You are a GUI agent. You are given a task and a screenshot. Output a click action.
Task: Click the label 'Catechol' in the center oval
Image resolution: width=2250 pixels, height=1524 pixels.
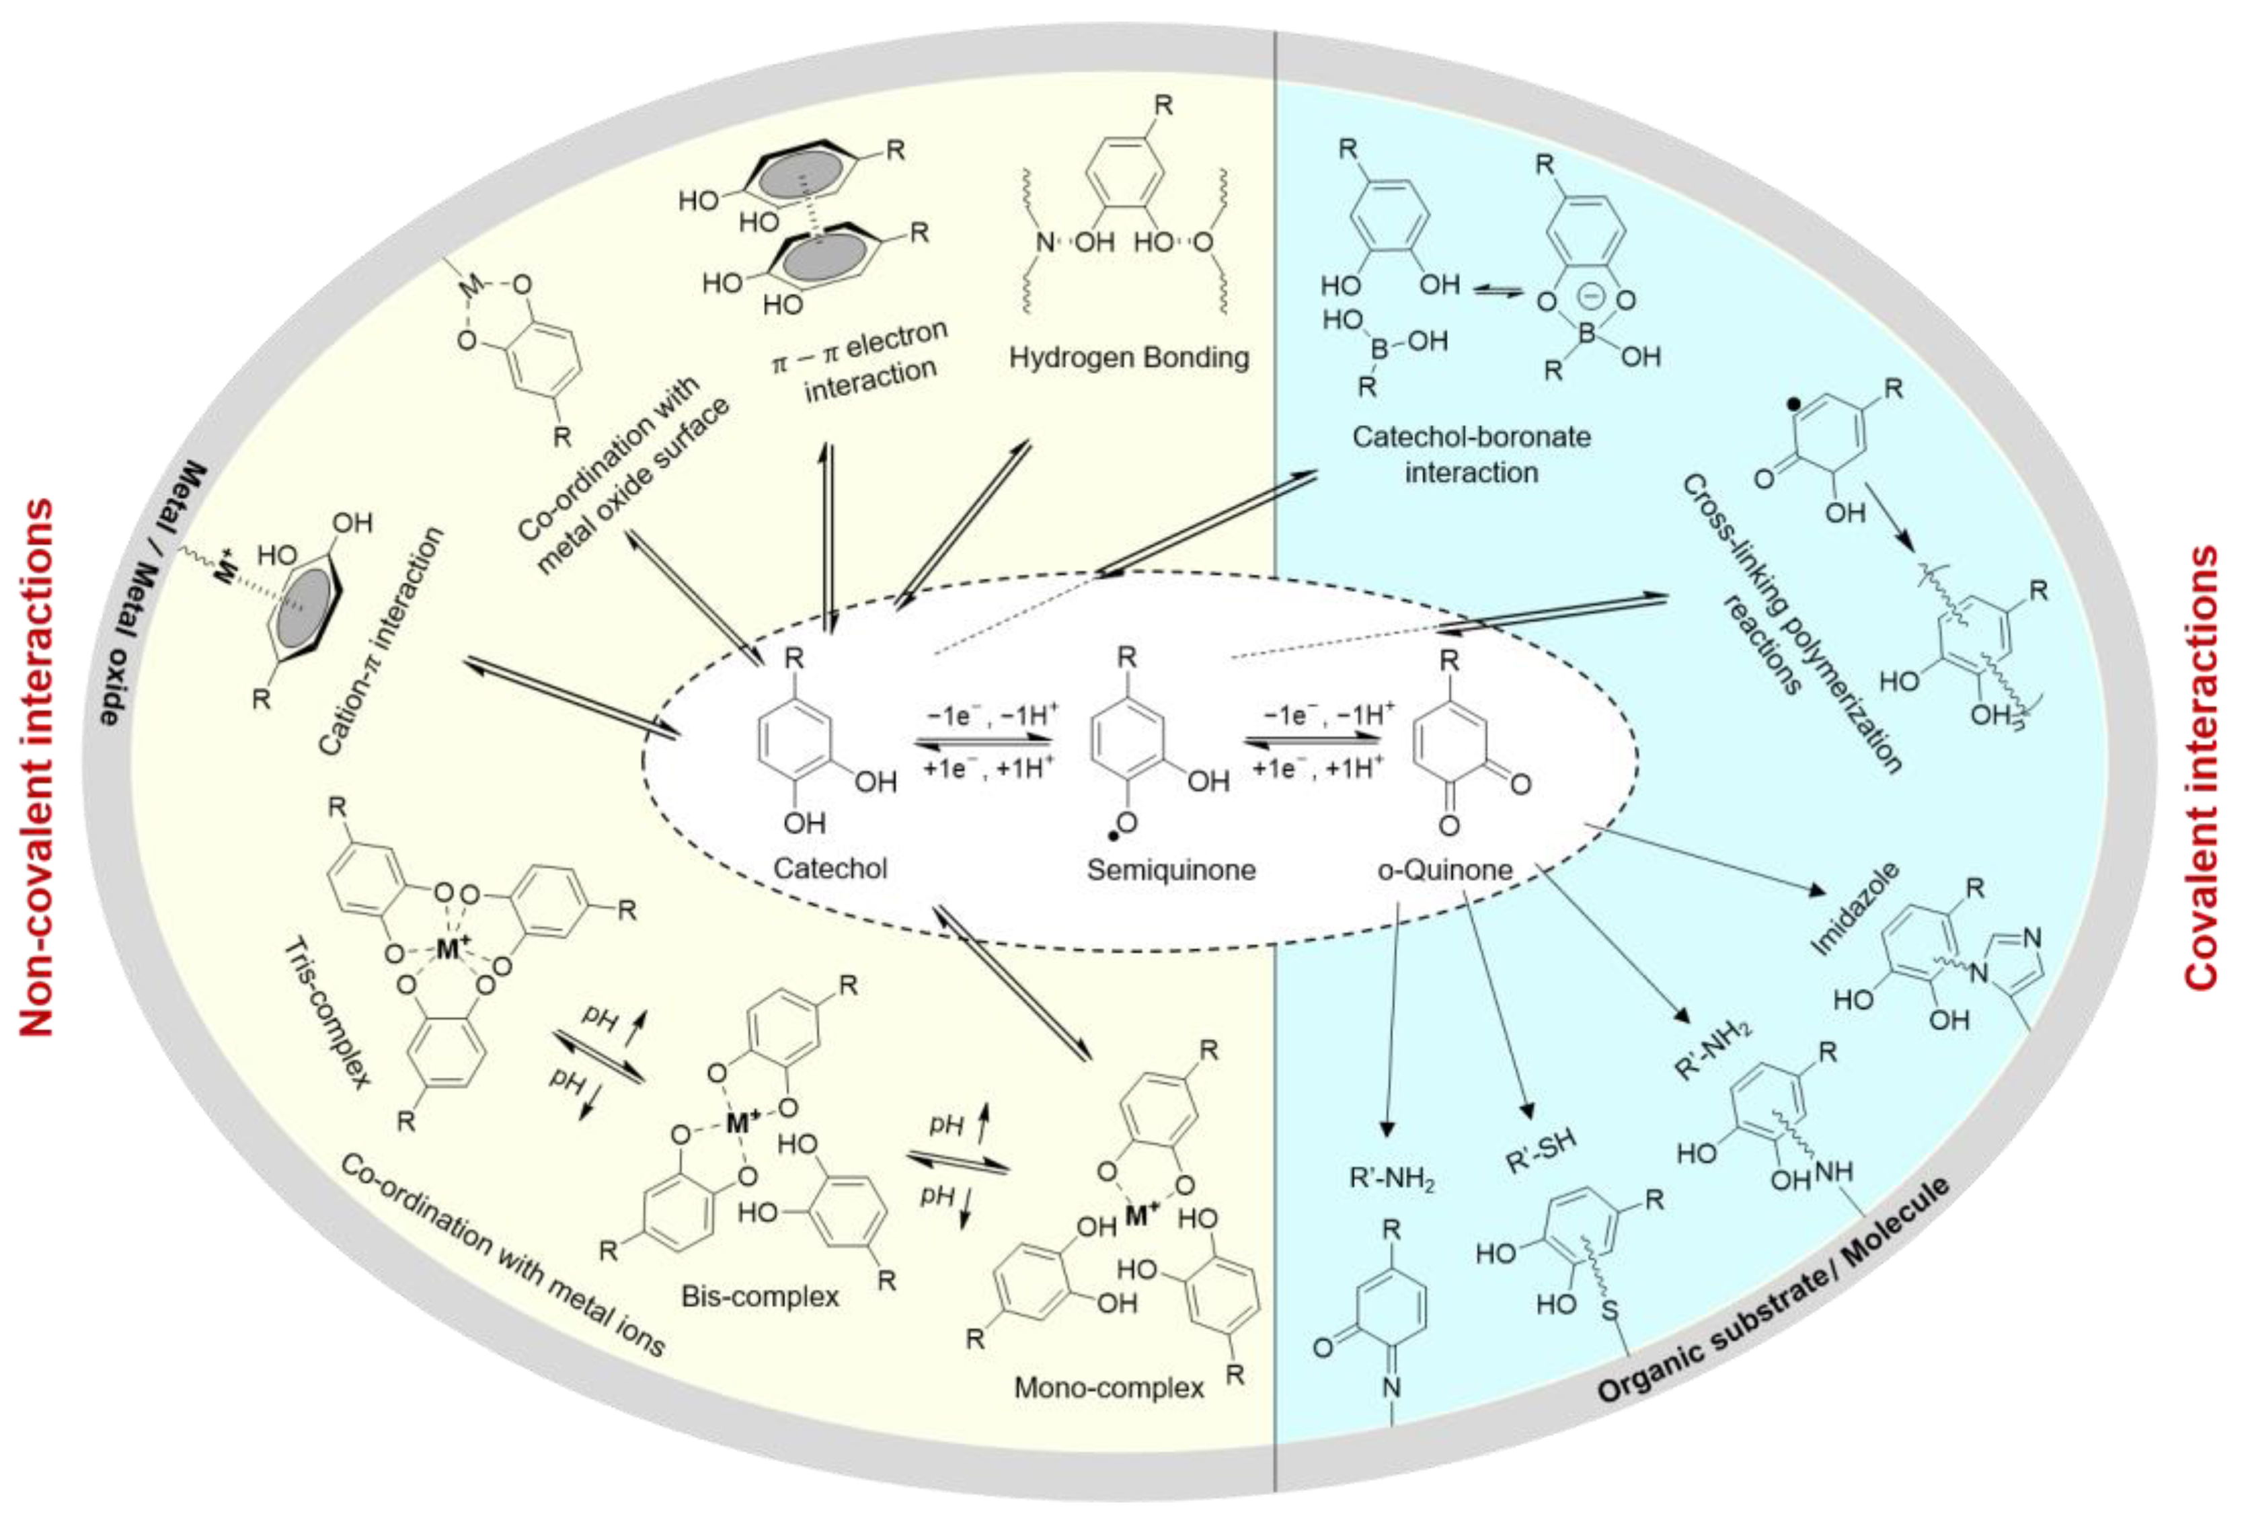830,868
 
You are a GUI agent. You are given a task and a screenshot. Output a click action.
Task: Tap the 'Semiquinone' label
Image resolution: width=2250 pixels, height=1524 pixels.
1171,870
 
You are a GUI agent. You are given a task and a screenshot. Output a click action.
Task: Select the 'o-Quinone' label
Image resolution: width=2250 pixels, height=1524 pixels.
1444,870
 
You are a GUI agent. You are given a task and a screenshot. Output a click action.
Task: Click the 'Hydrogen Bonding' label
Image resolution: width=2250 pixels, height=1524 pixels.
1129,357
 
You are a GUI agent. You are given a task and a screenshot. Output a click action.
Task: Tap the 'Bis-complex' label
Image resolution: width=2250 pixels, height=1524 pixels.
760,1295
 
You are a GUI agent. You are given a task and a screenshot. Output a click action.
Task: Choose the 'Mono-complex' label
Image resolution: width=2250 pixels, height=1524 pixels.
1109,1387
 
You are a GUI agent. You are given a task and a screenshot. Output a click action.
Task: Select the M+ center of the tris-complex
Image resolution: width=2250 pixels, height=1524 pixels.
447,949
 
